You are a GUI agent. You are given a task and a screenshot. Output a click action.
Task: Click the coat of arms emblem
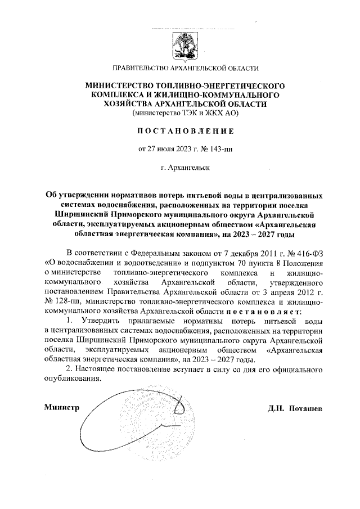(x=185, y=44)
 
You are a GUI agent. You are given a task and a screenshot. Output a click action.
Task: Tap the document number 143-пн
(x=217, y=149)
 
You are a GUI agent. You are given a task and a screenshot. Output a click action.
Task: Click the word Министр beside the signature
(x=61, y=407)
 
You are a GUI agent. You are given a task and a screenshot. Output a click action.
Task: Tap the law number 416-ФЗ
(x=309, y=253)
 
